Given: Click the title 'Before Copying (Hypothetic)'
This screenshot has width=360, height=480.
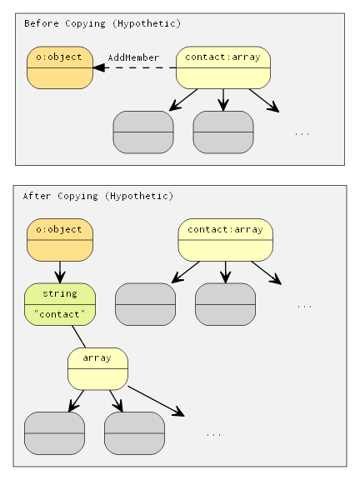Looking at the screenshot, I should click(102, 23).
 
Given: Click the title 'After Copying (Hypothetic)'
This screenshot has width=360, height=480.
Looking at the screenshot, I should click(97, 196).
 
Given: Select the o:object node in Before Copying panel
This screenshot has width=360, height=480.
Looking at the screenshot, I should click(60, 67).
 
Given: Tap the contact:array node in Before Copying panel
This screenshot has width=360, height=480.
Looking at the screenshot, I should click(223, 67).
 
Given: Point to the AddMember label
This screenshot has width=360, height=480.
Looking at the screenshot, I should click(133, 57).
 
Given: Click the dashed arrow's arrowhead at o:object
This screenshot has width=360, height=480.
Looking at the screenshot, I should click(98, 68).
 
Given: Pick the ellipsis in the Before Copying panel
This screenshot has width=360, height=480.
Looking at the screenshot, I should click(302, 132).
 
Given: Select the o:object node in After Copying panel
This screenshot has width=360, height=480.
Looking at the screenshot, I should click(60, 240).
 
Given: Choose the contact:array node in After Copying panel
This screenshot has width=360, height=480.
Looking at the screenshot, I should click(225, 240).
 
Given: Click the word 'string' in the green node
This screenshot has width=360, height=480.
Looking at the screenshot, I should click(60, 294).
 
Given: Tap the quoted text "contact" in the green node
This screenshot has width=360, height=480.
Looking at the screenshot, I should click(60, 314).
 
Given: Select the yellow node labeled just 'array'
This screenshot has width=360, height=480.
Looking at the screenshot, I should click(97, 368).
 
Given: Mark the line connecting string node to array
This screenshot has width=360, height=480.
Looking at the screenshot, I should click(79, 337).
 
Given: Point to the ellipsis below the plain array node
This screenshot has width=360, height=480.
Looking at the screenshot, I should click(213, 434).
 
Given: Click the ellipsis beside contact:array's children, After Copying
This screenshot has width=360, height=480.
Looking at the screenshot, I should click(304, 306).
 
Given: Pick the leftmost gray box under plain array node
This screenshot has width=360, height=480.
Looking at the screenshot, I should click(55, 432).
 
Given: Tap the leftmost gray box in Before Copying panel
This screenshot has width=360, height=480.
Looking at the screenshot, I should click(143, 132).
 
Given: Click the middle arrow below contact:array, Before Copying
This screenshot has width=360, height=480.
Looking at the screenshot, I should click(223, 99).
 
